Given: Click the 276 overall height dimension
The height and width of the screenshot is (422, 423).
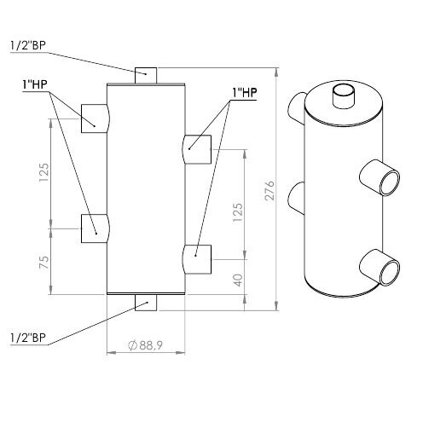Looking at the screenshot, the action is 269,190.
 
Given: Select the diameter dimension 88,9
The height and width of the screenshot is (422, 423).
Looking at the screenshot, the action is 146,345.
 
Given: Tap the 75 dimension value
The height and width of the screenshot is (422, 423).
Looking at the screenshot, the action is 44,263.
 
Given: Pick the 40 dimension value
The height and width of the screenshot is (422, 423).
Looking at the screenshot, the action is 239,280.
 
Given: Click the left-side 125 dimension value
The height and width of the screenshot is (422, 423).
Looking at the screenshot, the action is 44,172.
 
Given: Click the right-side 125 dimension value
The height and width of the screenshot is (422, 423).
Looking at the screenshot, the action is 238,212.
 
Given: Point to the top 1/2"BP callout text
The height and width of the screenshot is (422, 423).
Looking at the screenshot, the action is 28,45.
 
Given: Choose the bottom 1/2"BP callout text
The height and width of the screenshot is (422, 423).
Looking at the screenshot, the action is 28,338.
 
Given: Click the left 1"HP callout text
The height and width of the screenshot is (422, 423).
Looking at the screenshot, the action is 35,84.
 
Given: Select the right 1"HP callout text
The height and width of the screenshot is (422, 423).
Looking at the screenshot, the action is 245,92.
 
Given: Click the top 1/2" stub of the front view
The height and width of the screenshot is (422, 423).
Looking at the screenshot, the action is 146,75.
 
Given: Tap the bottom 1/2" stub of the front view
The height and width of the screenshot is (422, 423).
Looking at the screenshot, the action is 146,303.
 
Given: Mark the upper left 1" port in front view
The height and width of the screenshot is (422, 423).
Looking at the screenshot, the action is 95,119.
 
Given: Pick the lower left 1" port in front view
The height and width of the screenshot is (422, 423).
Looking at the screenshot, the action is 95,228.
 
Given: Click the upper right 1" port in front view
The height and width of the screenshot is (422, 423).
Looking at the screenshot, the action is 197,149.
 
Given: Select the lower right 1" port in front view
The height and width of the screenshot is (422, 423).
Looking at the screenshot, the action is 197,259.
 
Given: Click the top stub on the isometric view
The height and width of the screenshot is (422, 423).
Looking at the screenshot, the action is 344,96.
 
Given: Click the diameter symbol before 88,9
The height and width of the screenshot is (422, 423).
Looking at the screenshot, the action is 132,345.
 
